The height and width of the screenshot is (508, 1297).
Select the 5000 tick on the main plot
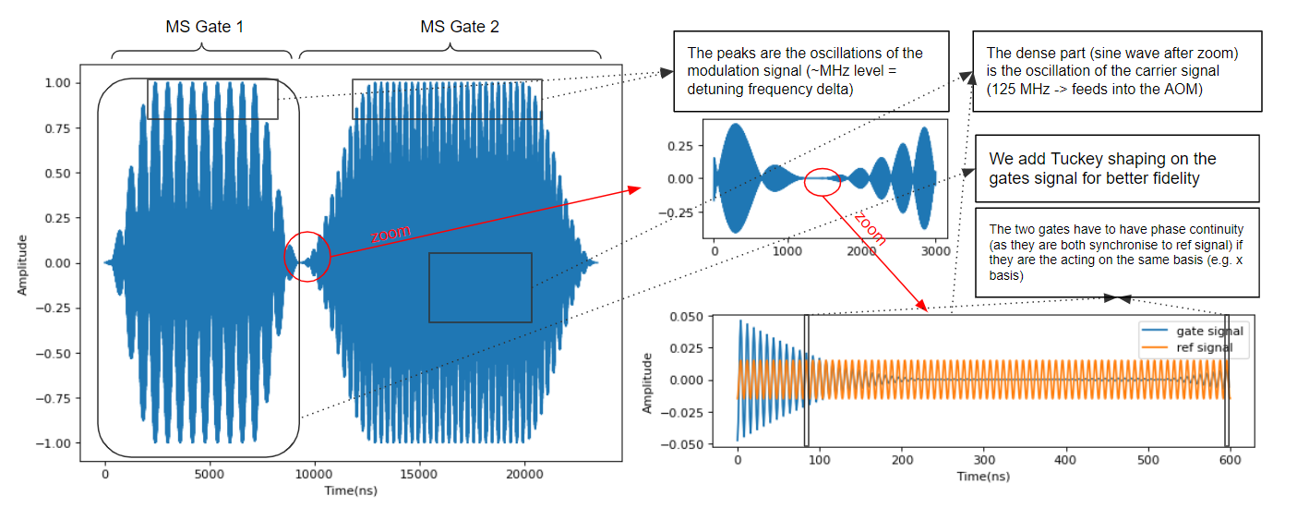click(x=210, y=473)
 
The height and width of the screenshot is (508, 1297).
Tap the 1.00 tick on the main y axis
click(x=58, y=83)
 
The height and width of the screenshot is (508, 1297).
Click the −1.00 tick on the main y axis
click(x=54, y=443)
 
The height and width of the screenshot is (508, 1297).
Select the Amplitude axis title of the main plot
click(x=22, y=262)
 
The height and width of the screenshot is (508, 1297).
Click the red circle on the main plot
click(x=308, y=256)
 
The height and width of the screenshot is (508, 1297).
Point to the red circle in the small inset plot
click(x=823, y=182)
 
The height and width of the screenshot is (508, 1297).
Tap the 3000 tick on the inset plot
click(x=935, y=250)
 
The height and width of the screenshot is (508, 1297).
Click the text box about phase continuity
click(x=1116, y=251)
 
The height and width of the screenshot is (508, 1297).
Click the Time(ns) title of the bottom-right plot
click(x=982, y=477)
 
